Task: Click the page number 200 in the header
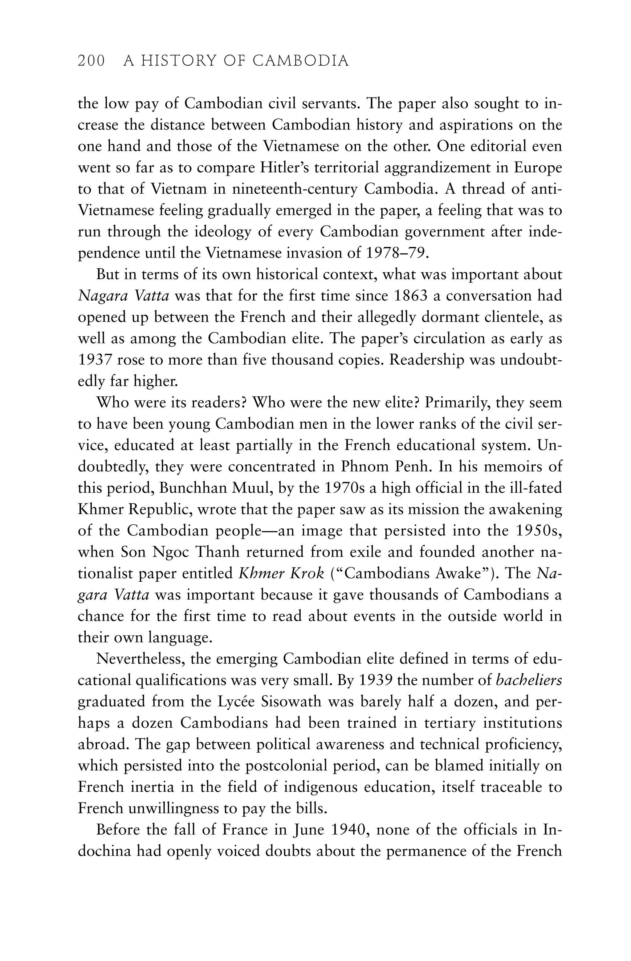91,61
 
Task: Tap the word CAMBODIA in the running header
300,61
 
